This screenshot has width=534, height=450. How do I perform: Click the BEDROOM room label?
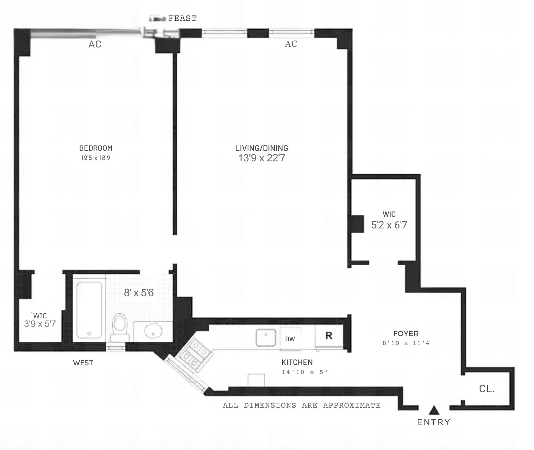point(96,148)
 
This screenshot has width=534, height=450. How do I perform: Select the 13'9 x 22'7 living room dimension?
point(262,158)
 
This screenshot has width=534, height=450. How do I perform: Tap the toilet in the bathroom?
point(119,325)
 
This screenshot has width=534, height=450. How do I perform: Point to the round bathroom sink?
point(153,332)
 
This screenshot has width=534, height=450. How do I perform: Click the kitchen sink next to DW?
point(266,337)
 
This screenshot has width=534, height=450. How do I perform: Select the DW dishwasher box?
point(290,339)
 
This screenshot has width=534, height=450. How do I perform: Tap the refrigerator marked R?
point(329,336)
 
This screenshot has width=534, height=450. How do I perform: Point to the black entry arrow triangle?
point(434,410)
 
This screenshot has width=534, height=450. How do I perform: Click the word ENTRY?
point(434,422)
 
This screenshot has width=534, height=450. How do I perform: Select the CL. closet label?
point(487,389)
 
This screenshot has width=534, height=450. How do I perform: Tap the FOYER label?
point(406,333)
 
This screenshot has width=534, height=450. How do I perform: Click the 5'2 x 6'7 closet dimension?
point(389,225)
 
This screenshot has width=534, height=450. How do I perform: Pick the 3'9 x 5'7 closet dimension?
point(40,324)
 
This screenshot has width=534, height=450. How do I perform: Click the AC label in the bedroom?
point(95,44)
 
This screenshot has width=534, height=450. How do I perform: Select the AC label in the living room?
point(291,44)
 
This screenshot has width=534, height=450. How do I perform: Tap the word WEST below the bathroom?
point(83,363)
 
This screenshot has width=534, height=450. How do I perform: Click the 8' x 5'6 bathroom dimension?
point(139,293)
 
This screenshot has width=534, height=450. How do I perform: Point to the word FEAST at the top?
point(182,19)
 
